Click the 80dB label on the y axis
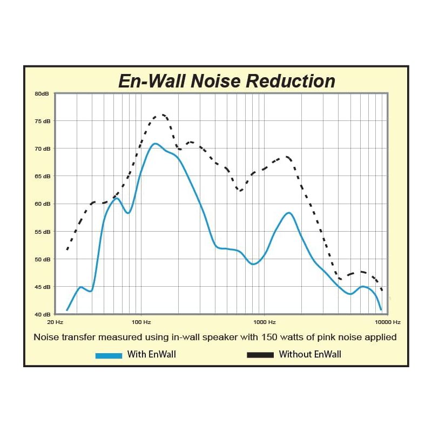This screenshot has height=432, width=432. [x=42, y=93]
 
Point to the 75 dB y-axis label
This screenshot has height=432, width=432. [x=42, y=121]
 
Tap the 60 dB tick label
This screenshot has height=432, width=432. [x=42, y=204]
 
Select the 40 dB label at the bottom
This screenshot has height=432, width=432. [x=42, y=314]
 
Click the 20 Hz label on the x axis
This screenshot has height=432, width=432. [x=56, y=322]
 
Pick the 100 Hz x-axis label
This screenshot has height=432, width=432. [x=141, y=322]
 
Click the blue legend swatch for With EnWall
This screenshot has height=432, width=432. [x=109, y=355]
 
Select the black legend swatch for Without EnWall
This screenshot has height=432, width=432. [x=260, y=355]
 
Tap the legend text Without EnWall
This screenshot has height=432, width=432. [x=310, y=355]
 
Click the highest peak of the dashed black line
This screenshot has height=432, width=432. [x=160, y=115]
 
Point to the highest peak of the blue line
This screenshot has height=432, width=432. [x=156, y=144]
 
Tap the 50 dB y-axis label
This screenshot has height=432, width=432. [x=42, y=259]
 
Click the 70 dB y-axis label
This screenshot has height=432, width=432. [x=42, y=148]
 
